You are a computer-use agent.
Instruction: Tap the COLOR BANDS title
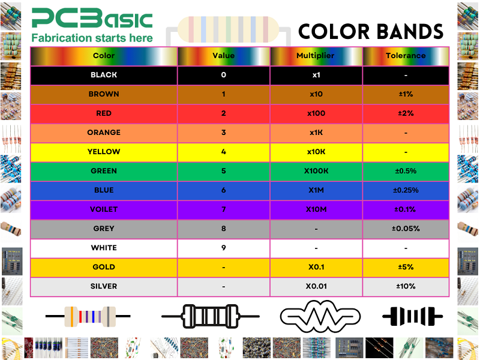point(370,32)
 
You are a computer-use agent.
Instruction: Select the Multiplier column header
point(316,56)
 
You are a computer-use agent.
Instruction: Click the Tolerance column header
point(406,56)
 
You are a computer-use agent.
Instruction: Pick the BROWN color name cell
point(104,94)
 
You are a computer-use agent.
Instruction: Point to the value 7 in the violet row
point(223,209)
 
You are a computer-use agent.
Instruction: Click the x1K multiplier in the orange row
point(316,133)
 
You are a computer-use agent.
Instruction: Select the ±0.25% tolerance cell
point(406,190)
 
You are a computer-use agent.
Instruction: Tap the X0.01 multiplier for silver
point(316,286)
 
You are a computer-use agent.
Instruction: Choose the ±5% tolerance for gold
point(406,267)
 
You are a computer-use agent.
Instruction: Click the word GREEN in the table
point(104,171)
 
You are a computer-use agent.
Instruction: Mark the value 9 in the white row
point(223,248)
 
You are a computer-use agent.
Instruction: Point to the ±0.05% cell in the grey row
point(406,229)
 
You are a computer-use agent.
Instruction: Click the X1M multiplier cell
point(316,190)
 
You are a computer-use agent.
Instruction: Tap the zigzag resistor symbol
point(320,317)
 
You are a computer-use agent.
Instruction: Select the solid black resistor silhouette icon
point(413,316)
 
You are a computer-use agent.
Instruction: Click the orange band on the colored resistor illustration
point(72,317)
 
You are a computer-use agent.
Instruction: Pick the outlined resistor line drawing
point(211,317)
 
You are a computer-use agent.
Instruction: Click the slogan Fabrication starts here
point(92,38)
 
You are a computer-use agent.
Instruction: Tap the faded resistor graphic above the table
point(229,30)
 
